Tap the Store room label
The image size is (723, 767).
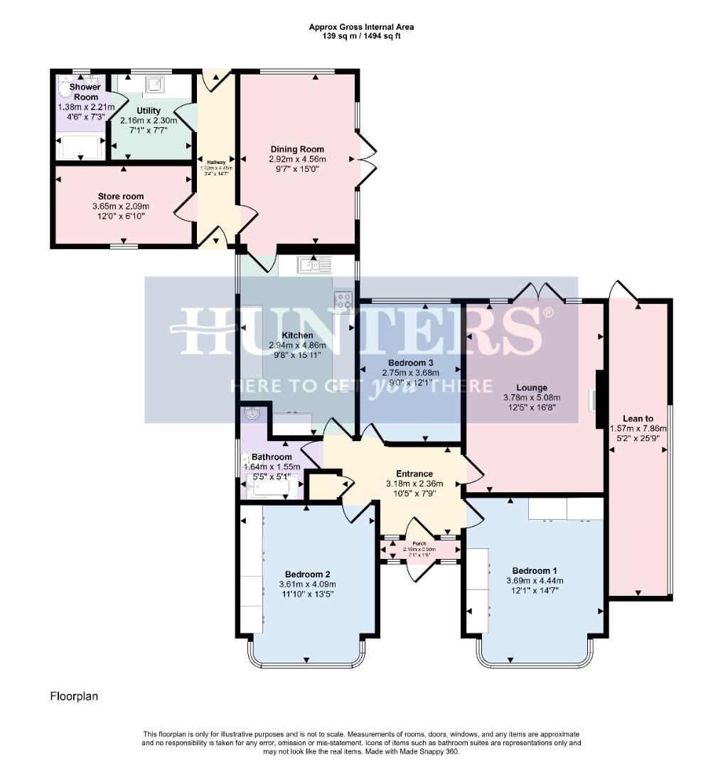pos(121,196)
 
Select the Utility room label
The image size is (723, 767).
pos(149,111)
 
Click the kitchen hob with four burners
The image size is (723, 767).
pos(343,300)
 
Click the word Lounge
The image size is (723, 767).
pos(532,388)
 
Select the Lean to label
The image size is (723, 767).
pos(638,419)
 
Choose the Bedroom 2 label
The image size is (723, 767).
pos(307,575)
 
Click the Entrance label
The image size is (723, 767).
pos(414,474)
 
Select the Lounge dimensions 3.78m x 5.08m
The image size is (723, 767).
pos(532,398)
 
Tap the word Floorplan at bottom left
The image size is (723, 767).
pos(74,697)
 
